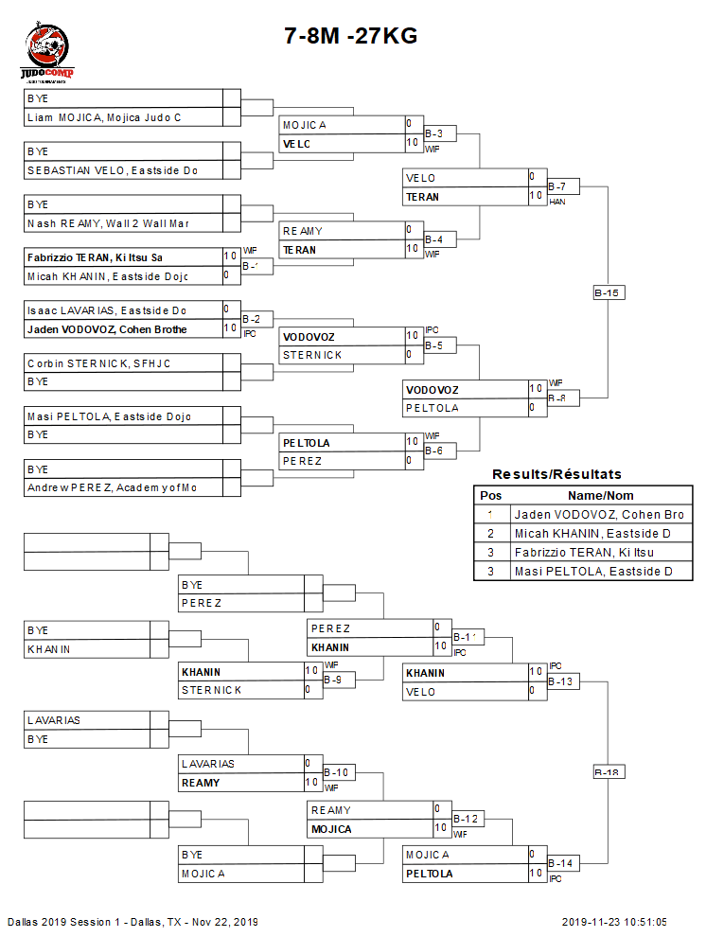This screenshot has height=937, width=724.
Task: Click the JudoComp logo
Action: (x=47, y=55)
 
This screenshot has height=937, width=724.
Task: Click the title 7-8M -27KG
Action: (x=351, y=36)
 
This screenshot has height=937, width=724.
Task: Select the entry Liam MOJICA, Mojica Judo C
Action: (x=104, y=117)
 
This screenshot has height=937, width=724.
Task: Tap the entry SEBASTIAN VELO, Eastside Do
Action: (x=112, y=170)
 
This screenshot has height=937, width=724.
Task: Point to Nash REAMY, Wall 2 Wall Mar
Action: (x=108, y=223)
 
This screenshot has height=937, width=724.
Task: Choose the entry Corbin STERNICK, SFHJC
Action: (x=98, y=363)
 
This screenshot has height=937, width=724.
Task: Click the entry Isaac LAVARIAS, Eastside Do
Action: (x=106, y=309)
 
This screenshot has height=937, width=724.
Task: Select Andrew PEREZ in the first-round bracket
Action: (x=112, y=487)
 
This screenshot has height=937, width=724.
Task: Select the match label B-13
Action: (x=562, y=681)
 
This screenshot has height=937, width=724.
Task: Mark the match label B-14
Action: (x=562, y=863)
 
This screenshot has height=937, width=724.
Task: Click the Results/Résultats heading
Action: (x=556, y=474)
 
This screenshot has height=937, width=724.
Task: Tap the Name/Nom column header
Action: (x=600, y=495)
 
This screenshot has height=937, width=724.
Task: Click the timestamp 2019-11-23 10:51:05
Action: (x=614, y=922)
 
